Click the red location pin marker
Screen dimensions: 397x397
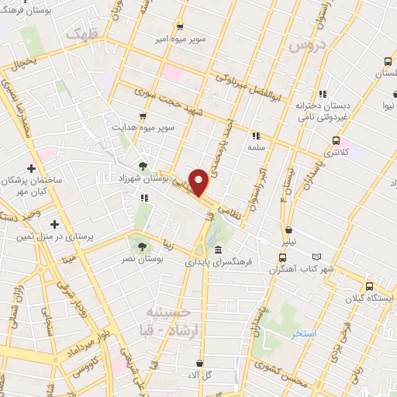coord(200,182)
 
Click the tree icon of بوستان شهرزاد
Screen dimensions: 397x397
coord(143,165)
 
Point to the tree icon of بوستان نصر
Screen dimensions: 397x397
coord(143,247)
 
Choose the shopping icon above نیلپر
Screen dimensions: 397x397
coord(288,230)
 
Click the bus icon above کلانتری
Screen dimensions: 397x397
coord(336,140)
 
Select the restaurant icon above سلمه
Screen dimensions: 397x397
coord(256,135)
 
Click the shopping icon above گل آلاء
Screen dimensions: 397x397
coord(201,363)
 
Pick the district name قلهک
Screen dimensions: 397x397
coord(84,34)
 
